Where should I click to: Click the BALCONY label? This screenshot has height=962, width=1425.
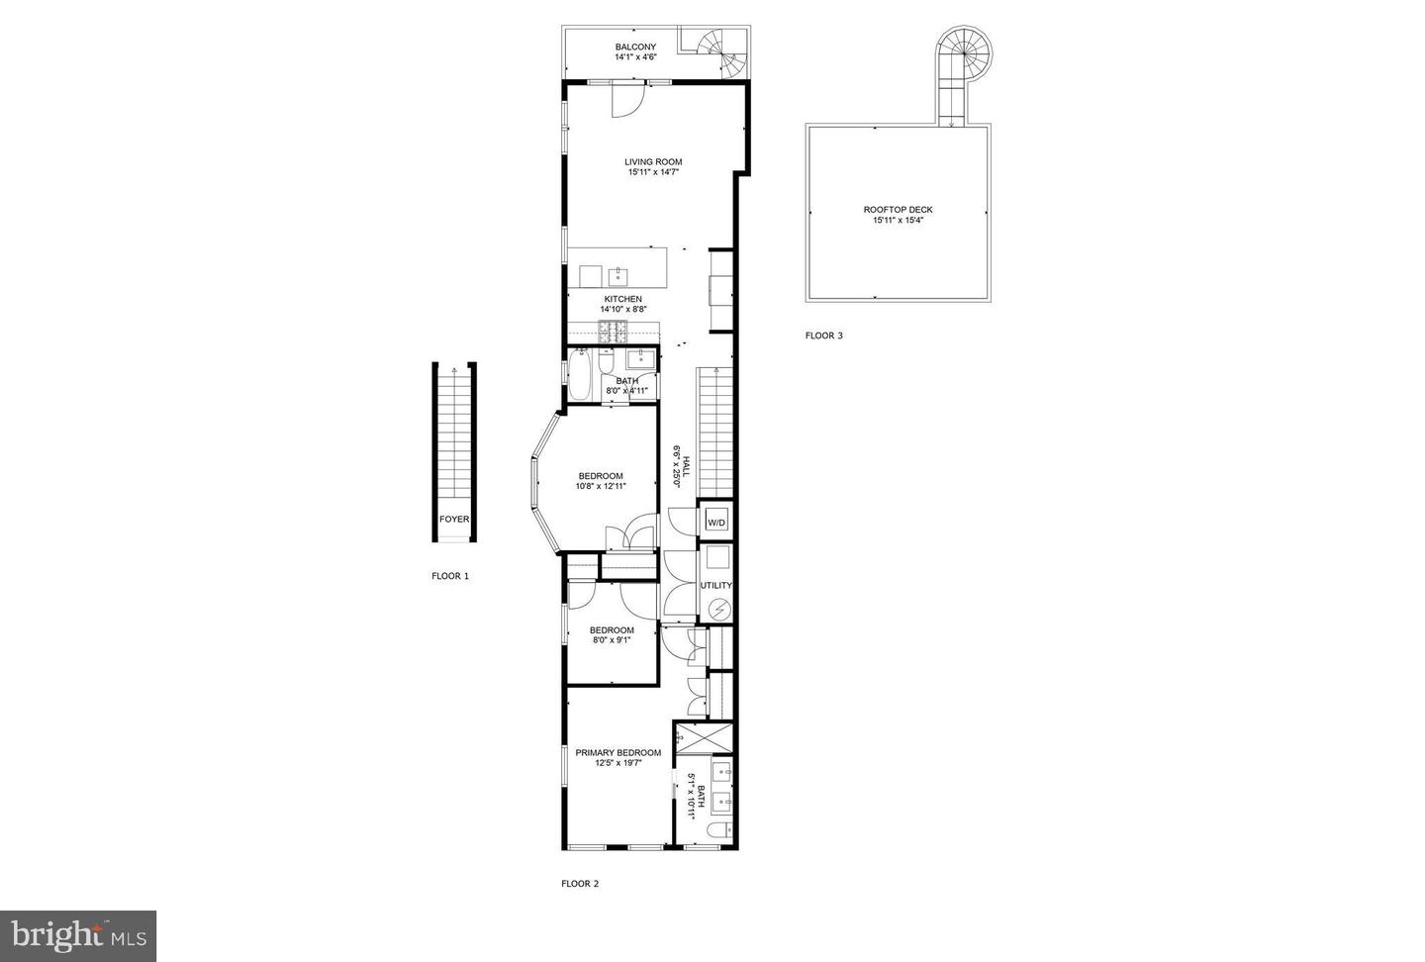click(634, 47)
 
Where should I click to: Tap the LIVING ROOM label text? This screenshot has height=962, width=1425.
click(653, 161)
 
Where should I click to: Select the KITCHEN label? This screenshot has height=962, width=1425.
click(623, 299)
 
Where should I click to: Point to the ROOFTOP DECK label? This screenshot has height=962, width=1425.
click(898, 210)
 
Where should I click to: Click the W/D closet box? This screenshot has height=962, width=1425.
click(716, 522)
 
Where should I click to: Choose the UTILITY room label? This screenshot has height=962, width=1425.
click(716, 585)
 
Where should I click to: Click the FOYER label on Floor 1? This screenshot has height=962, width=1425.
click(454, 519)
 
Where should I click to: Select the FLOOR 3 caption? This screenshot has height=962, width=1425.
click(823, 336)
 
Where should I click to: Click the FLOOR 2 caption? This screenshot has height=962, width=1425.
click(580, 884)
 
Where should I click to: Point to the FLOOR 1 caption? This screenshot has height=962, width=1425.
click(450, 576)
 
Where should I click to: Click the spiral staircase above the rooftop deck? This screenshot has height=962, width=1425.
click(964, 48)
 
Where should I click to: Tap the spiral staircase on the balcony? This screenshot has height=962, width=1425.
click(720, 52)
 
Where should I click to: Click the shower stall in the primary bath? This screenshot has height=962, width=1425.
click(705, 738)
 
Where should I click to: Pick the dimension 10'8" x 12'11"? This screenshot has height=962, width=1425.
click(601, 486)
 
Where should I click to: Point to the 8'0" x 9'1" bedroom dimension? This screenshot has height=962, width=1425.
click(611, 640)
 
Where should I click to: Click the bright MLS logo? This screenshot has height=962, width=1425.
click(78, 935)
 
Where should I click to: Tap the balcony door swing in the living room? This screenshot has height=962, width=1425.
click(627, 100)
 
